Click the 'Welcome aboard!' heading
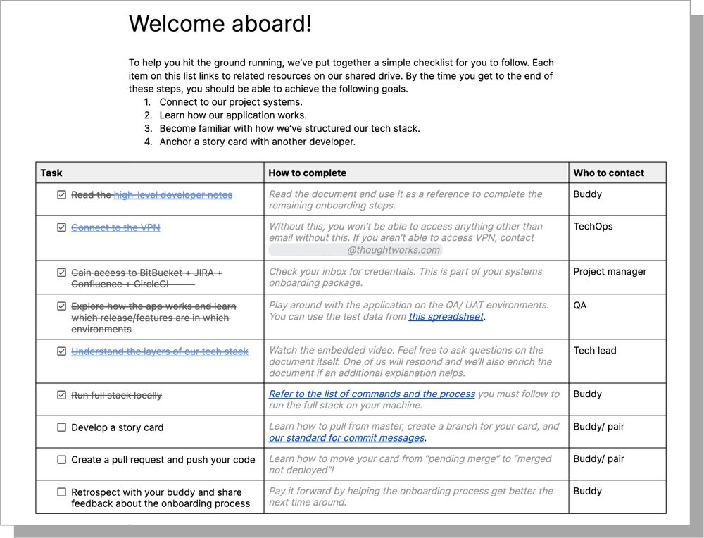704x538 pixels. (x=220, y=25)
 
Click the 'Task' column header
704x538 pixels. (x=51, y=173)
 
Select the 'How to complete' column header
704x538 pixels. (x=308, y=173)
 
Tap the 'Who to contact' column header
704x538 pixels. (x=608, y=173)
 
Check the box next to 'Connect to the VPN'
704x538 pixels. (x=62, y=227)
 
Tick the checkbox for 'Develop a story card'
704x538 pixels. (x=62, y=427)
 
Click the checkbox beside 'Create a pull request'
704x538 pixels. (x=62, y=460)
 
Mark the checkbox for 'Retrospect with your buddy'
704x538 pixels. (x=62, y=492)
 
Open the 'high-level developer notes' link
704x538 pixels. (x=173, y=195)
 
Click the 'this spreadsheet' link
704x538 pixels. (x=446, y=317)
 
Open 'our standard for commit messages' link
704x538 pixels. (x=346, y=438)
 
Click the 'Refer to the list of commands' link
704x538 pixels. (x=372, y=394)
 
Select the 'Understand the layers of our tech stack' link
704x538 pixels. (x=160, y=351)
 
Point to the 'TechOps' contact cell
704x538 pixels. (x=593, y=227)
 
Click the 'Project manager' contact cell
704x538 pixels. (x=610, y=272)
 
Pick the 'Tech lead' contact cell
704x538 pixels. (x=595, y=351)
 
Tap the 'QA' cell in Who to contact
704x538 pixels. (x=580, y=306)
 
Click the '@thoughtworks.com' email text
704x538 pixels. (x=394, y=250)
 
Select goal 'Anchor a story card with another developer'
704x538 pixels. (x=257, y=142)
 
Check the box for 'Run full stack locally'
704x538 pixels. (x=62, y=395)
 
